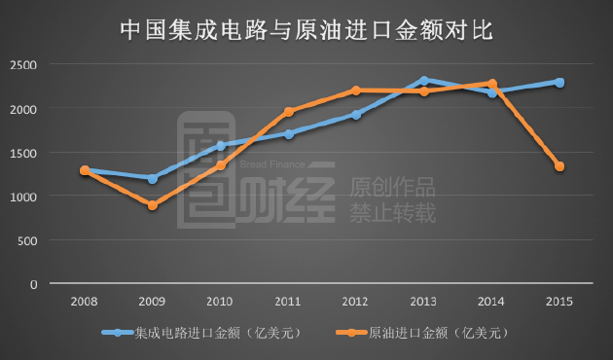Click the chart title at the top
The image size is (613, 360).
coord(306,29)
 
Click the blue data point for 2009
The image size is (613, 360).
coord(153,179)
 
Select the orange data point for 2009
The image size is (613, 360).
coord(153,205)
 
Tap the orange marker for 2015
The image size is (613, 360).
coord(559,166)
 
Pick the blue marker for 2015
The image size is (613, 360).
coord(559,83)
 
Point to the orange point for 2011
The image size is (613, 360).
coord(289,112)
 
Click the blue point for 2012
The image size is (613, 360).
coord(357,114)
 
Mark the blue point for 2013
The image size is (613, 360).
coord(424,80)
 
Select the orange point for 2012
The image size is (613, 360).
coord(357,90)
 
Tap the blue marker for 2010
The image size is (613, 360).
coord(221,146)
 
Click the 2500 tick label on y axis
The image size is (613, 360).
coord(23,64)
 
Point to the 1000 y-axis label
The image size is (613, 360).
coord(23,197)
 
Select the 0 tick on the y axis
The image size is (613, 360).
coord(33,284)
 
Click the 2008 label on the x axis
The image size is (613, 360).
coord(85,301)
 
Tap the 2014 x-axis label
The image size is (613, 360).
coord(492,301)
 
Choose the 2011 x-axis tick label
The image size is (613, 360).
coord(289,301)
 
